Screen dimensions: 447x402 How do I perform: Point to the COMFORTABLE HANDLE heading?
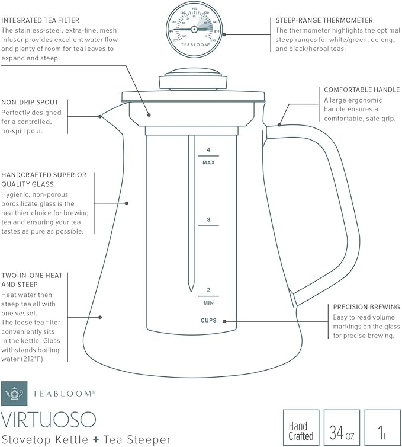(362, 90)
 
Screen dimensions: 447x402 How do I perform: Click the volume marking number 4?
(208, 150)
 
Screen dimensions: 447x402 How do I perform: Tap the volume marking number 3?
(208, 220)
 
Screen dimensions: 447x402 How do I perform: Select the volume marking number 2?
(208, 290)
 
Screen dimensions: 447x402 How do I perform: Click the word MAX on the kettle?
(208, 162)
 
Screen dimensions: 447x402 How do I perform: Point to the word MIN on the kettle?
(208, 302)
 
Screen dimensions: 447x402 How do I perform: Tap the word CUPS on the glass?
(208, 321)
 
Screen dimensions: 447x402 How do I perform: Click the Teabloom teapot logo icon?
(14, 394)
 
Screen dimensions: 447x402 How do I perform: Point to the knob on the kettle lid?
(193, 75)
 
